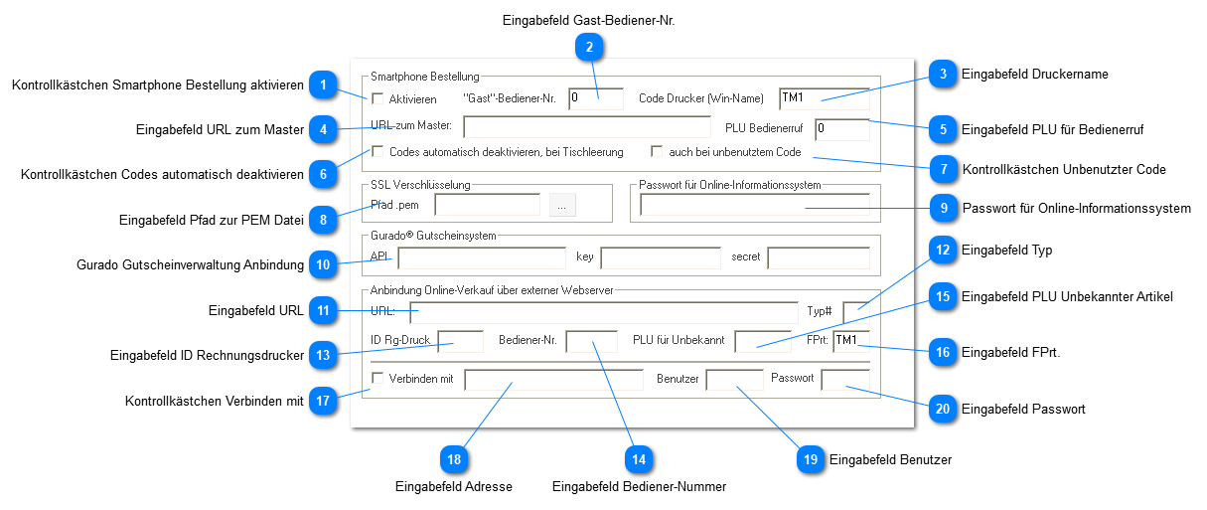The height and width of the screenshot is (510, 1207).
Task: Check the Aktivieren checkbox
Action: (x=377, y=98)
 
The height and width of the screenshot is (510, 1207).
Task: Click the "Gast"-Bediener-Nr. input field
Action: (x=595, y=98)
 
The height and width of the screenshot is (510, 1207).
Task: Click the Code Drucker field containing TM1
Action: (x=824, y=98)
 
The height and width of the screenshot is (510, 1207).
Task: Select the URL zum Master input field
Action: (x=587, y=127)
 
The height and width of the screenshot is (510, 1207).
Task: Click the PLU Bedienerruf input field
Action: (x=841, y=129)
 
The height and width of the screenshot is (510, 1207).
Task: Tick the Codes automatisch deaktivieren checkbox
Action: (x=377, y=152)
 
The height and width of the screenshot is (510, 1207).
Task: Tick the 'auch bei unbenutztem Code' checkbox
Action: (x=657, y=152)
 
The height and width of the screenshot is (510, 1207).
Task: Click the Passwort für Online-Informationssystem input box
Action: (x=754, y=206)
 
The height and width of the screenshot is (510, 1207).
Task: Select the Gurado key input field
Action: (x=660, y=258)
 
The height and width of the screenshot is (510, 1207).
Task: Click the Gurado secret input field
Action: (x=818, y=258)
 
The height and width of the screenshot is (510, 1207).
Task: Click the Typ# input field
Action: (x=855, y=312)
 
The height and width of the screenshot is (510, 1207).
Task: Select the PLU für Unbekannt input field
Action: (x=762, y=342)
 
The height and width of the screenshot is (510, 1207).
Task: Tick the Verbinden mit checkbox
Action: (x=377, y=379)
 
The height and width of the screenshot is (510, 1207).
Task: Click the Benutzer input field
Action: (x=734, y=381)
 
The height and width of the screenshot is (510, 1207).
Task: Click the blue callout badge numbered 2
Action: (x=589, y=46)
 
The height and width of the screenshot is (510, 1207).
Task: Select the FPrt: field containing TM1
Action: (x=850, y=342)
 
